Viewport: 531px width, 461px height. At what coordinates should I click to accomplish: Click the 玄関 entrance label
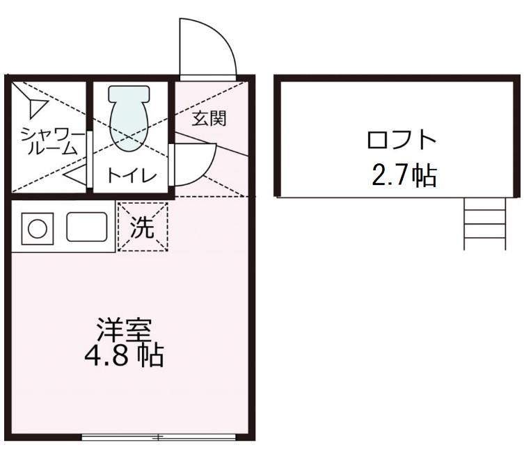tap(209, 118)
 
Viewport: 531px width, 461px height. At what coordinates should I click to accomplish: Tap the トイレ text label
tap(132, 175)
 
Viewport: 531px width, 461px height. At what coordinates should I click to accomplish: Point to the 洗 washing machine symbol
tap(143, 227)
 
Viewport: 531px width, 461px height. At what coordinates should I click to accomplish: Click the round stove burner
tap(35, 228)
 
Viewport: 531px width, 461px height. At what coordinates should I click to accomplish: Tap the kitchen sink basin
tap(86, 227)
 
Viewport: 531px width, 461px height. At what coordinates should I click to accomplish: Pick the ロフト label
tap(402, 141)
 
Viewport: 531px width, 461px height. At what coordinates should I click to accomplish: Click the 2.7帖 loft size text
tap(404, 176)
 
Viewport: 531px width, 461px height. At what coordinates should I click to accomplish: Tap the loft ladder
tap(485, 223)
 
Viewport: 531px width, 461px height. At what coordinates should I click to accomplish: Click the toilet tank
tap(129, 92)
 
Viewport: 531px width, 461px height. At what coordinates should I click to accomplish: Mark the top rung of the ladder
tap(485, 209)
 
